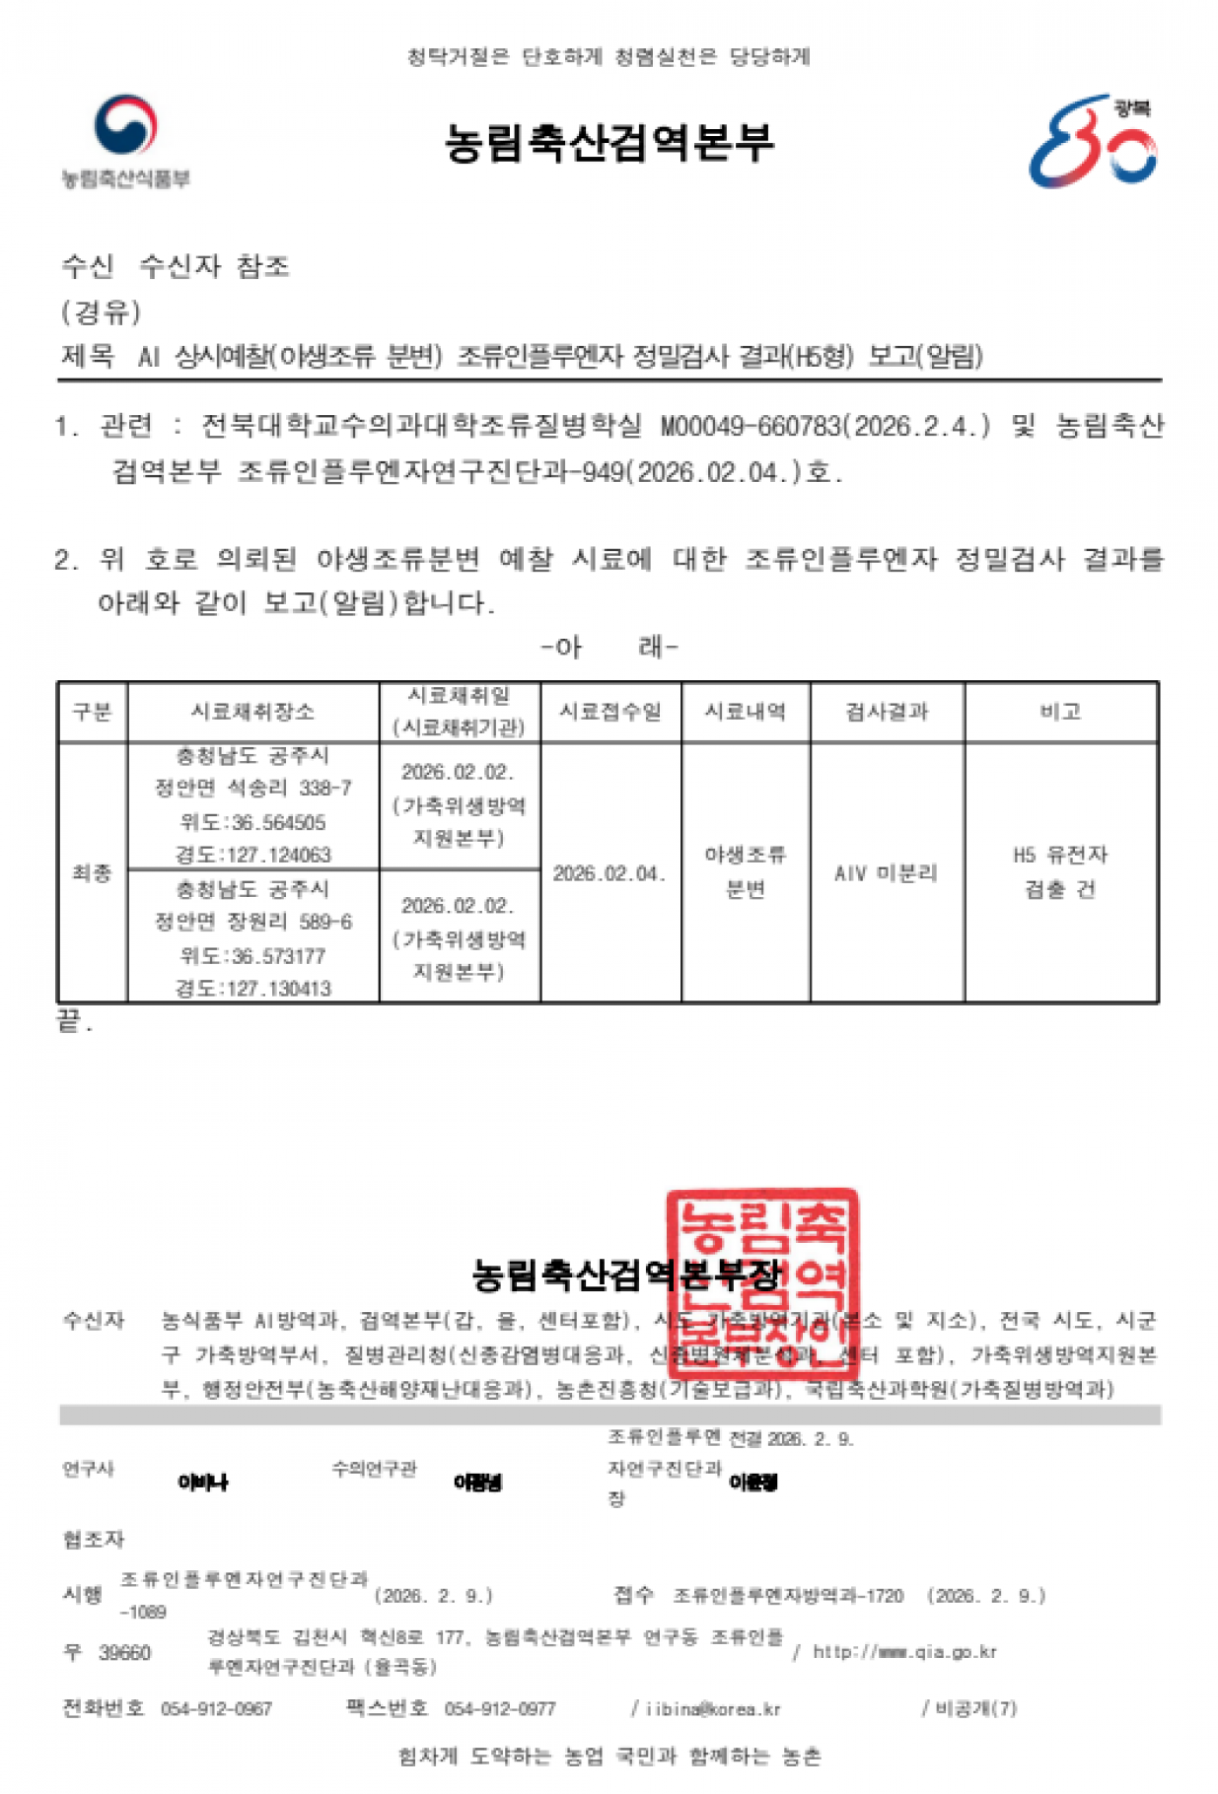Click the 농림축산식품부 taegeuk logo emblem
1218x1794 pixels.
coord(125,125)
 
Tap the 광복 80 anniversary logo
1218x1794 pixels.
coord(1093,142)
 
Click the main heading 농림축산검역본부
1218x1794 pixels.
coord(609,143)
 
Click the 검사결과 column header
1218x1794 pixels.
coord(887,712)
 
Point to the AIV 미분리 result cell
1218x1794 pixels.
coord(886,873)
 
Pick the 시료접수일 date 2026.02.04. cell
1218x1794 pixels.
coord(609,873)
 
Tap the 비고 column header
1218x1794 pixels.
coord(1060,712)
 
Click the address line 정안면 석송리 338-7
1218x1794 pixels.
coord(252,789)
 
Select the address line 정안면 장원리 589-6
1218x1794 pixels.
coord(252,923)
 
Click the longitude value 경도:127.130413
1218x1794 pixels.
coord(252,989)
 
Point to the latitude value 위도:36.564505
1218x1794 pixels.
coord(252,822)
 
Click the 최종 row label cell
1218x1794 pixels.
coord(92,873)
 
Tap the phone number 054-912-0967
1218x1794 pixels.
coord(216,1709)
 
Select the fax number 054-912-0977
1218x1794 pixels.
coord(500,1709)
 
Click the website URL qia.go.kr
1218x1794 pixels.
coord(904,1652)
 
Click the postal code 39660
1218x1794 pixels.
coord(124,1653)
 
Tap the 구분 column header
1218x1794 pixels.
coord(92,712)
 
